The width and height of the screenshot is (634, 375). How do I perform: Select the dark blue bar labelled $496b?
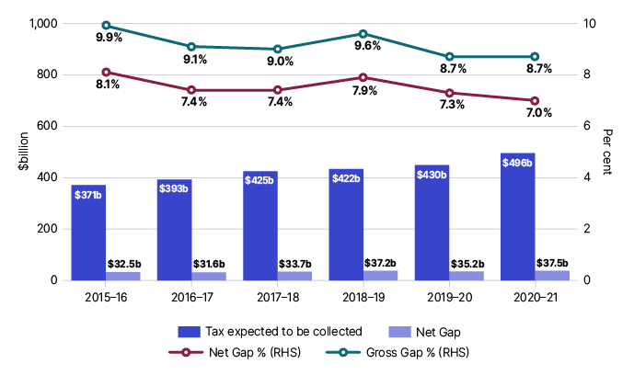pyautogui.click(x=517, y=216)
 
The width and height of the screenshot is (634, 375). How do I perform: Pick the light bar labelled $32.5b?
pyautogui.click(x=122, y=276)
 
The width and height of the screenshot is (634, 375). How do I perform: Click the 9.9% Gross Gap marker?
pyautogui.click(x=106, y=26)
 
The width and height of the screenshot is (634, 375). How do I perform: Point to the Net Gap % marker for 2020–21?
pyautogui.click(x=535, y=100)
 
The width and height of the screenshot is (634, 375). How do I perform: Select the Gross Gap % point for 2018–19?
pyautogui.click(x=363, y=33)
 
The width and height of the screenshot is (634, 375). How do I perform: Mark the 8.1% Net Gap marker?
pyautogui.click(x=106, y=72)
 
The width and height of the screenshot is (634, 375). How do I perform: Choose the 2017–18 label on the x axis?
pyautogui.click(x=277, y=296)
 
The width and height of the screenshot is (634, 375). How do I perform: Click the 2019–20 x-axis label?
pyautogui.click(x=448, y=296)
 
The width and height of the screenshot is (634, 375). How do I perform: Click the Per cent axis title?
pyautogui.click(x=610, y=152)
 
